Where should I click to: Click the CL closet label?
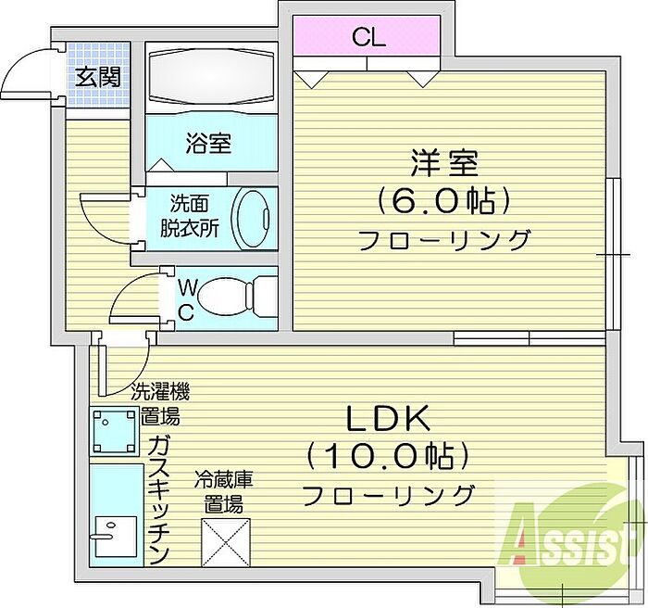pyautogui.click(x=368, y=39)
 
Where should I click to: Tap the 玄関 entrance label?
pyautogui.click(x=96, y=78)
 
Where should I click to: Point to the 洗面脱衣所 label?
pyautogui.click(x=193, y=216)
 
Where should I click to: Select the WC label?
pyautogui.click(x=185, y=298)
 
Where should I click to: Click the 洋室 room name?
pyautogui.click(x=444, y=163)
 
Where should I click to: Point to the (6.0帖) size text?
pyautogui.click(x=444, y=200)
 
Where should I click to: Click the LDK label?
pyautogui.click(x=389, y=419)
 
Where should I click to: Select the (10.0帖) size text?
pyautogui.click(x=389, y=456)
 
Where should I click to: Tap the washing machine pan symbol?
pyautogui.click(x=113, y=430)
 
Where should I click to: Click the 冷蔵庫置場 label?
pyautogui.click(x=224, y=493)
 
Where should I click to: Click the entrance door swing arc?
pyautogui.click(x=23, y=74)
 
